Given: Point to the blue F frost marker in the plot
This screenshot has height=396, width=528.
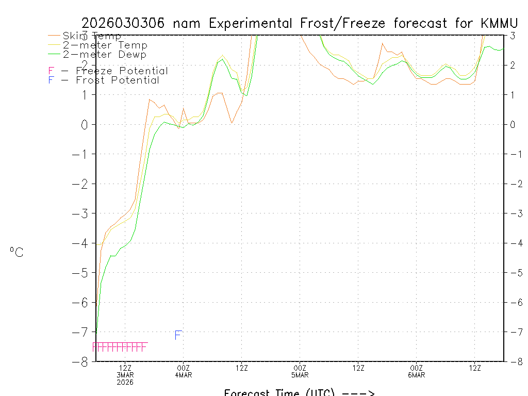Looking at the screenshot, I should point(178,336).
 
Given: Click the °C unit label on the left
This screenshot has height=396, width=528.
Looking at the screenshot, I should point(16,253).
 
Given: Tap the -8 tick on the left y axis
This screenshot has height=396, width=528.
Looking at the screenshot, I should point(81,361).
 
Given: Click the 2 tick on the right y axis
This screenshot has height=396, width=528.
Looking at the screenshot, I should point(513,65).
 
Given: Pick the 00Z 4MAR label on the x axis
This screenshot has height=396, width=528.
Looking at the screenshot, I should point(184,371).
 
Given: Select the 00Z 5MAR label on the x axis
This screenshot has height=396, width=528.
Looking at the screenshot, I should point(300,371).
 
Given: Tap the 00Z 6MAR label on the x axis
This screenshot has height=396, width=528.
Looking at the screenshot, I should point(417,371).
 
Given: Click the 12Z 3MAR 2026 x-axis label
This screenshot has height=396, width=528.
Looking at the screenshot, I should point(125,375).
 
